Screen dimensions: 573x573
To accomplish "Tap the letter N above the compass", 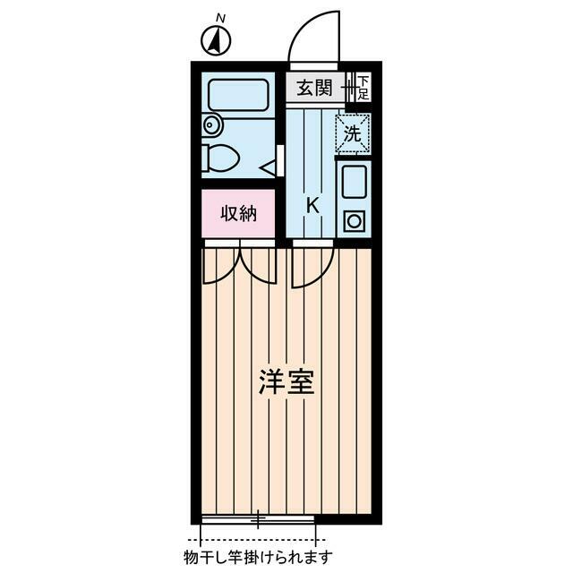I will point(221,17).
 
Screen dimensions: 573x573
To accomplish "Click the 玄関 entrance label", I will point(315,88).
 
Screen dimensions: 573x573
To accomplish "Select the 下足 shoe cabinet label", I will point(363,89).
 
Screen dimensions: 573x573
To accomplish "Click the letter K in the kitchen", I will point(312,204).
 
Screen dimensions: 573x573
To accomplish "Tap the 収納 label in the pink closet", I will point(239,214).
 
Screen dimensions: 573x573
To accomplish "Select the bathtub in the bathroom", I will point(237,95).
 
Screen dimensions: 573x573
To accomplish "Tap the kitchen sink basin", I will point(353,183).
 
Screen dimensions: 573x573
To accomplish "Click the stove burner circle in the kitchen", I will point(354,219).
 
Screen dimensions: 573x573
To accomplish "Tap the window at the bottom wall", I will point(259,518).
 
